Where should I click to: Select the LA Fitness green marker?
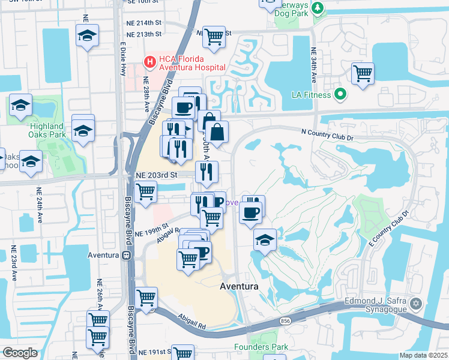click(341, 94)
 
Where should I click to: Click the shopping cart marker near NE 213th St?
click(213, 37)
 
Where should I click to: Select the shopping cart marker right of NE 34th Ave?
click(363, 73)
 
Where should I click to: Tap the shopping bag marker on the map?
click(217, 131)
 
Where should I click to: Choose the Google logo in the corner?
click(20, 353)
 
